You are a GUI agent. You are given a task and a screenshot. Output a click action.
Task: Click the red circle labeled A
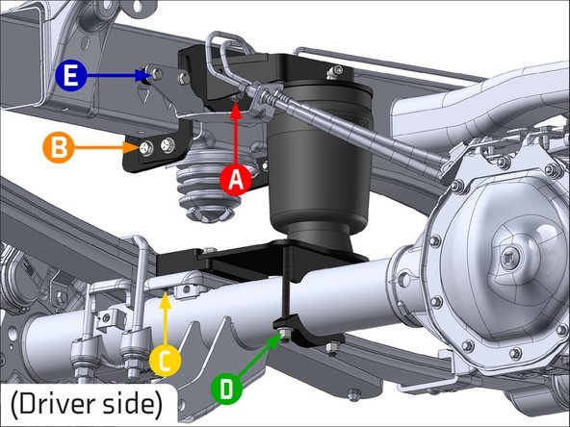pyautogui.click(x=236, y=180)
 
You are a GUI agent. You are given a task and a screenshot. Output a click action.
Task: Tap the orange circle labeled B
pyautogui.click(x=59, y=147)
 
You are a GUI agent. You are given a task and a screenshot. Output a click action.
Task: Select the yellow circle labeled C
pyautogui.click(x=165, y=361)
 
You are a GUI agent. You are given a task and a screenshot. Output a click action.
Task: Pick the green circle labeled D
pyautogui.click(x=226, y=389)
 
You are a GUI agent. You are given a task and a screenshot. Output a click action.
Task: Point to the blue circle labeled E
pyautogui.click(x=71, y=76)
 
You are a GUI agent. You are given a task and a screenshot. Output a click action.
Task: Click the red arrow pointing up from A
pyautogui.click(x=236, y=134)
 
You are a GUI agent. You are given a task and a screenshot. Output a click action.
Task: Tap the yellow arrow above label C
pyautogui.click(x=166, y=319)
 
